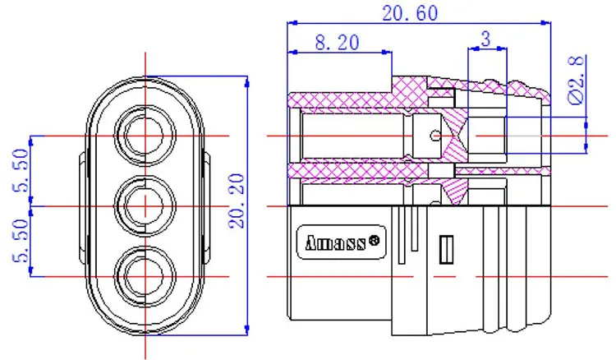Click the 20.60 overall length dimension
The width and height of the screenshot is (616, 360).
[x=410, y=13]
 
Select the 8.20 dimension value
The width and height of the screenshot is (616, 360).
[x=337, y=43]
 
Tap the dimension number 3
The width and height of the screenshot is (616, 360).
[x=486, y=39]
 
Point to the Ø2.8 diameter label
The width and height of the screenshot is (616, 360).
[x=577, y=81]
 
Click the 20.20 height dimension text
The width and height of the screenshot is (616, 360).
[x=237, y=201]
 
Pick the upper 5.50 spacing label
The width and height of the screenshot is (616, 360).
[x=21, y=171]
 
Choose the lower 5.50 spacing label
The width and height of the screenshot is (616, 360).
[x=21, y=241]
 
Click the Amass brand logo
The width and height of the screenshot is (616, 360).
[x=341, y=242]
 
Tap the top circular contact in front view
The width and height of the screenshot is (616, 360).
[x=145, y=136]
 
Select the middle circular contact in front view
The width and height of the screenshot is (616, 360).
[x=145, y=206]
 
